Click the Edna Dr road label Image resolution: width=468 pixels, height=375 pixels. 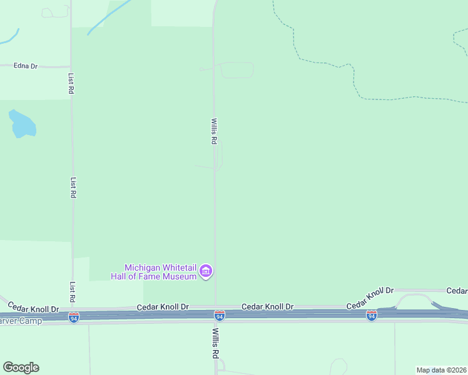click(26, 66)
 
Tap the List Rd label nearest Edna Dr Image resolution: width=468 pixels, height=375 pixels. click(71, 82)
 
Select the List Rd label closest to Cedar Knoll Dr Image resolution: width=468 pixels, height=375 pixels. click(73, 292)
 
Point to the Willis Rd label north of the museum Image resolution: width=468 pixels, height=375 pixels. click(213, 132)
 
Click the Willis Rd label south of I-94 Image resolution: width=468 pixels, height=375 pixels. click(215, 343)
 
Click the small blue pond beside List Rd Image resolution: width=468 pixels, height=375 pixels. click(21, 124)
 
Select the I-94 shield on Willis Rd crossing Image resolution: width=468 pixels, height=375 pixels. click(219, 316)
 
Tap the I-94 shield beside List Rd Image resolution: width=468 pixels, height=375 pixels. click(74, 317)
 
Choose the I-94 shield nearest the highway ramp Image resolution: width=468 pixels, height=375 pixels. click(372, 316)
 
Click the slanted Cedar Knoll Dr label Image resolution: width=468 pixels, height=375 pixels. click(370, 297)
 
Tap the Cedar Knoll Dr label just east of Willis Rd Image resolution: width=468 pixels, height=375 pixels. click(267, 307)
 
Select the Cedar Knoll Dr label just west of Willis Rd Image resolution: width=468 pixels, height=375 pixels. click(163, 307)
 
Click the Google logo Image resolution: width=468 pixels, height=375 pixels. click(21, 367)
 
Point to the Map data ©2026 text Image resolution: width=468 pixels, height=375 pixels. click(440, 370)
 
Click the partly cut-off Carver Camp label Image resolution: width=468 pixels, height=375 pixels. click(21, 321)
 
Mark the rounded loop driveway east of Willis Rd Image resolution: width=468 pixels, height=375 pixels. click(237, 70)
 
